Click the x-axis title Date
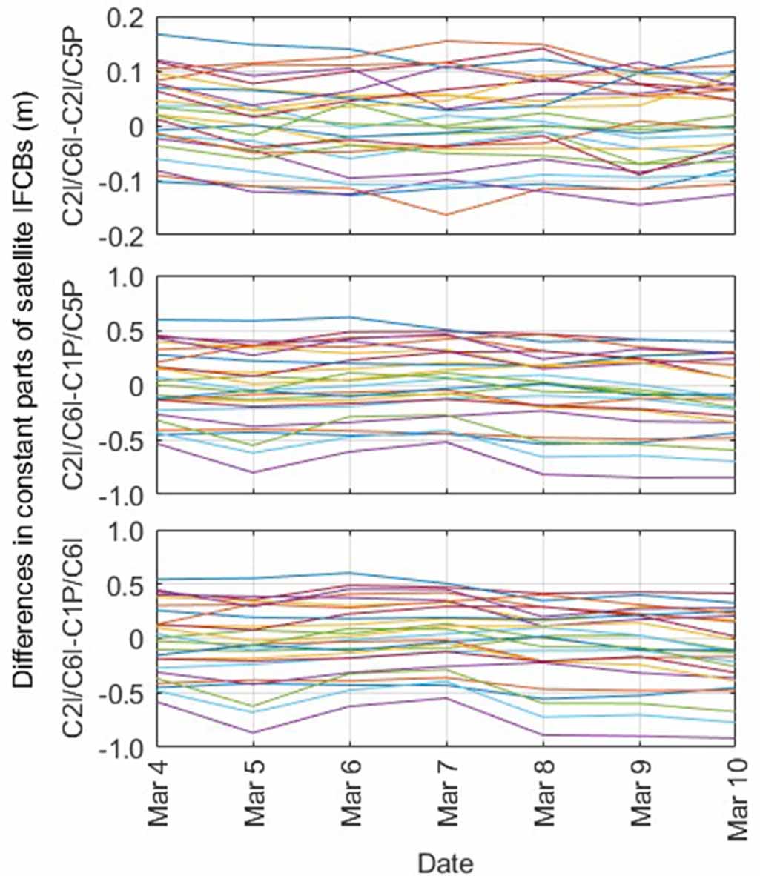click(445, 862)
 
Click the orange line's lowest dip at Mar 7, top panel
click(447, 215)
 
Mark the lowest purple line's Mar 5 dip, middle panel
click(254, 472)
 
